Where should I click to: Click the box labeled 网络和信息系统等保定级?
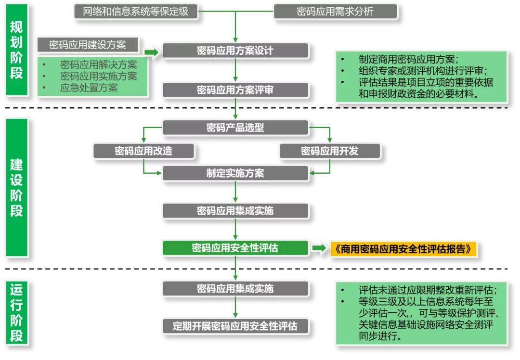point(136,12)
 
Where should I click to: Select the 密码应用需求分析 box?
point(335,12)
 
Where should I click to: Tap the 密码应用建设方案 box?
point(88,45)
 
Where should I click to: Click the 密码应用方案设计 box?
point(235,51)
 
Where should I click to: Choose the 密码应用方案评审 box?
point(235,90)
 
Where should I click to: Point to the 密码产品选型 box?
point(235,128)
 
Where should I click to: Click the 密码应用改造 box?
point(143,151)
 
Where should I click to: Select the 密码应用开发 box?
point(330,151)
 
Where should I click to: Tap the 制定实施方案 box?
point(235,173)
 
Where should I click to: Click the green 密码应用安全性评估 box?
point(235,248)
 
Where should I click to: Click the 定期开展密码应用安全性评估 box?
point(235,326)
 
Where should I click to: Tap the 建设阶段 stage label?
point(17,188)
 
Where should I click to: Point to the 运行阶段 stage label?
point(17,312)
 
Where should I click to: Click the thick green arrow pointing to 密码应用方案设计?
point(151,51)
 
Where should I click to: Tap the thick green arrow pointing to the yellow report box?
point(319,248)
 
